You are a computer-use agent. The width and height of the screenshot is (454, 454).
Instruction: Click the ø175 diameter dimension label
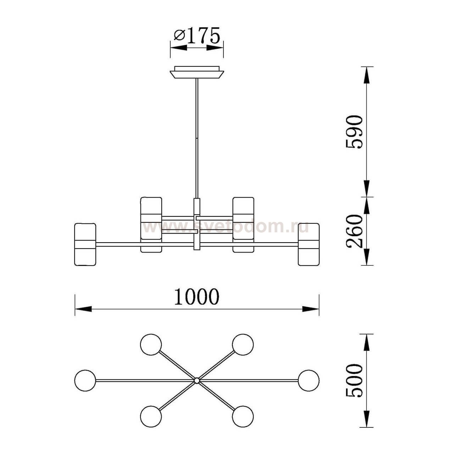click(x=197, y=35)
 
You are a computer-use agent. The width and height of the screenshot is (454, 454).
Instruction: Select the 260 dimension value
click(x=354, y=231)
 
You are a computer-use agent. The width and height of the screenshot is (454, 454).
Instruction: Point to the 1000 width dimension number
click(x=197, y=297)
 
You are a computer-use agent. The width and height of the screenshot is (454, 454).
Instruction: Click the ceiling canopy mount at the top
click(x=197, y=72)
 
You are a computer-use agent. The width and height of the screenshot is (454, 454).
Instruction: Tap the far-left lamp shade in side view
click(x=85, y=244)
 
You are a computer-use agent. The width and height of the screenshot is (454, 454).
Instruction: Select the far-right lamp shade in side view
click(x=309, y=244)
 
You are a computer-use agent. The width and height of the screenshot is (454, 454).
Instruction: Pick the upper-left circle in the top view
click(x=151, y=344)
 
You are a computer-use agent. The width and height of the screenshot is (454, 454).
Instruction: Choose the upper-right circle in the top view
click(x=243, y=344)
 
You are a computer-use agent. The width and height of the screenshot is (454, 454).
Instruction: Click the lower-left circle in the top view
click(x=151, y=416)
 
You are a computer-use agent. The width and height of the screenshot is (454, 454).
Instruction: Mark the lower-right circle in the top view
click(x=243, y=416)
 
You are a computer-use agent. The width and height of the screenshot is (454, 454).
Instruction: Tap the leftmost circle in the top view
click(x=85, y=381)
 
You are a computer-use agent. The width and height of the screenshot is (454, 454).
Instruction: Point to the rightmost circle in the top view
click(x=309, y=381)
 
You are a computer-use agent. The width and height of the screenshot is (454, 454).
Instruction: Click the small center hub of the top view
click(x=197, y=381)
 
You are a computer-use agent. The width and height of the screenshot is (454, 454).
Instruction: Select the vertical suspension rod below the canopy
click(x=197, y=138)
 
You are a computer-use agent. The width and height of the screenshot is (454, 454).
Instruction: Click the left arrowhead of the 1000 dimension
click(x=83, y=309)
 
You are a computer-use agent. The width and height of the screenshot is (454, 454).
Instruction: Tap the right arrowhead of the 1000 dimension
click(x=311, y=309)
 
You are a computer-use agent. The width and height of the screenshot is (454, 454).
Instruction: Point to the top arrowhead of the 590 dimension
click(x=366, y=75)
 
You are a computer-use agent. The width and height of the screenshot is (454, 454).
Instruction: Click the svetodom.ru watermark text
click(x=226, y=227)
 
